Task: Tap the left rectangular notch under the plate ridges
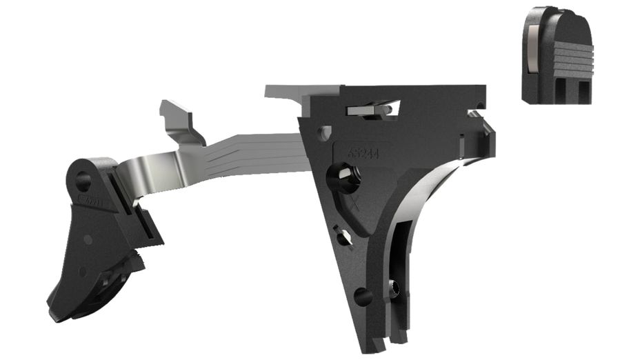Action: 561,90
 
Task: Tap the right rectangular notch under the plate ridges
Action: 582,90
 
